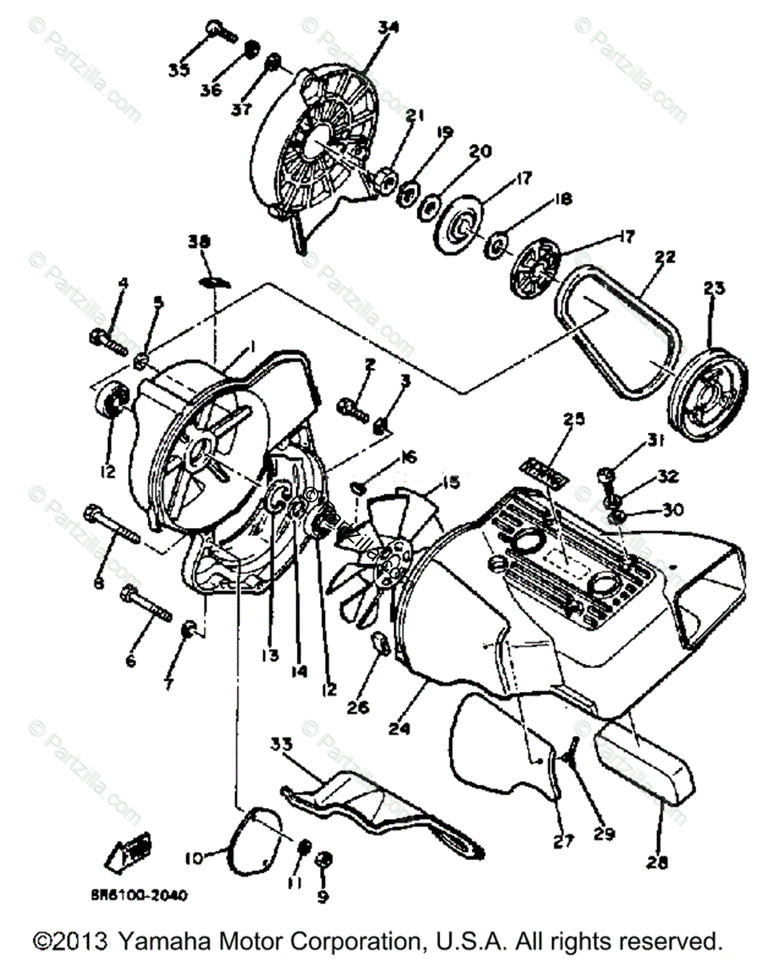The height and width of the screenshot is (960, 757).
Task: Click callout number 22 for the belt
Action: click(665, 258)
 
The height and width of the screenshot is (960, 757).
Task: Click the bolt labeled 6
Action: click(147, 605)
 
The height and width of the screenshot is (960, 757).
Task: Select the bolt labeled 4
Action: click(106, 340)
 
